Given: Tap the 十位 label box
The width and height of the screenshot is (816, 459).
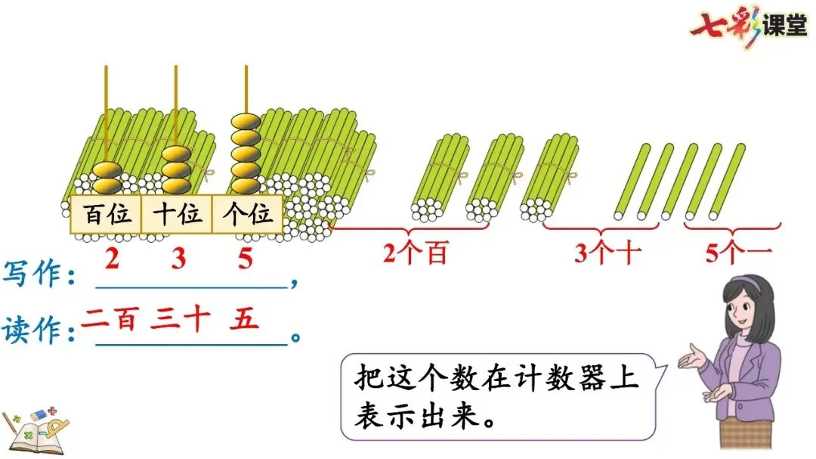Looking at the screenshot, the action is (178, 215).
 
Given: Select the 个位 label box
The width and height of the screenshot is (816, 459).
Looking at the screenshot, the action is (247, 215).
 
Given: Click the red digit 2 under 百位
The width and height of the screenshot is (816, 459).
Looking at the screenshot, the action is (112, 259).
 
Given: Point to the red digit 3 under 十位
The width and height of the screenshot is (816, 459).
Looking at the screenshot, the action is (178, 259).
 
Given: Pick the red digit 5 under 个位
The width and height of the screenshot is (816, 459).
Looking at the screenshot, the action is (245, 259).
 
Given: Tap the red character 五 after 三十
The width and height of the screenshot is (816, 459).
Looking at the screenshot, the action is (243, 319).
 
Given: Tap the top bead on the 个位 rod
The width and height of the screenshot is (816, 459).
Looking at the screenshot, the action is (246, 121).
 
